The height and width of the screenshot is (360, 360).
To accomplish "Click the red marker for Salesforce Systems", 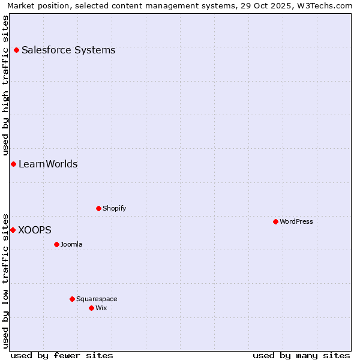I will pos(16,50).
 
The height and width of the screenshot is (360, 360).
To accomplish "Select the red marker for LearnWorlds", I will pos(13,164).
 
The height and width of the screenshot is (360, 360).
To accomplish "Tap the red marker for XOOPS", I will pos(13,230).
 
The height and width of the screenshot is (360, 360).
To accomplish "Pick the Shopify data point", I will pos(98,208).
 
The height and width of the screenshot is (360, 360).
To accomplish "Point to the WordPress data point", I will pos(275,221).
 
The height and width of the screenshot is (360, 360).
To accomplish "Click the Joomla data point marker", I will pos(56,244).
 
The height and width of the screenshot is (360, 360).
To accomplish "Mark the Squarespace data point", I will pos(72,299).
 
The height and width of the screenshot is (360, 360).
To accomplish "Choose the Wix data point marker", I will pos(91,308).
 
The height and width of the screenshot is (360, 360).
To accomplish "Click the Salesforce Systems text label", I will pos(68,50).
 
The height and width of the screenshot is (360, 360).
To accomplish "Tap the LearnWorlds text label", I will pos(48,164).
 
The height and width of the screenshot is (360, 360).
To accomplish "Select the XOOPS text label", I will pos(35,230).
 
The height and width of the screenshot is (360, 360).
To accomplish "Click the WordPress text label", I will pos(296,221).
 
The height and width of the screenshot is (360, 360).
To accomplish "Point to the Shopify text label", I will pos(114,208).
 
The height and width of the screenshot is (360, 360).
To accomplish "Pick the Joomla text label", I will pos(71,244).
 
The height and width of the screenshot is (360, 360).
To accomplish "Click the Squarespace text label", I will pos(97,299).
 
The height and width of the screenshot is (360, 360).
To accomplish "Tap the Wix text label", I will pos(101,308).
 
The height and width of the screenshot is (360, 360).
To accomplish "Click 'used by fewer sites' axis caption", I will pos(62,355).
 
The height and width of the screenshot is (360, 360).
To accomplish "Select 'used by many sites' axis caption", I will pos(301,355).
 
